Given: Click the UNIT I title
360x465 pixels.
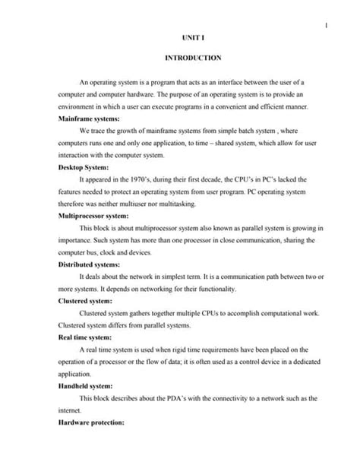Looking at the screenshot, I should [x=191, y=36].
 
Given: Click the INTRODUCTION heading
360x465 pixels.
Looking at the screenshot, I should [x=192, y=58].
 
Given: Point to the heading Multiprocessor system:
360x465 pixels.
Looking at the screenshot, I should [x=97, y=216].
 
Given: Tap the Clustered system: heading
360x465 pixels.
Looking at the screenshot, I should [x=88, y=301].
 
